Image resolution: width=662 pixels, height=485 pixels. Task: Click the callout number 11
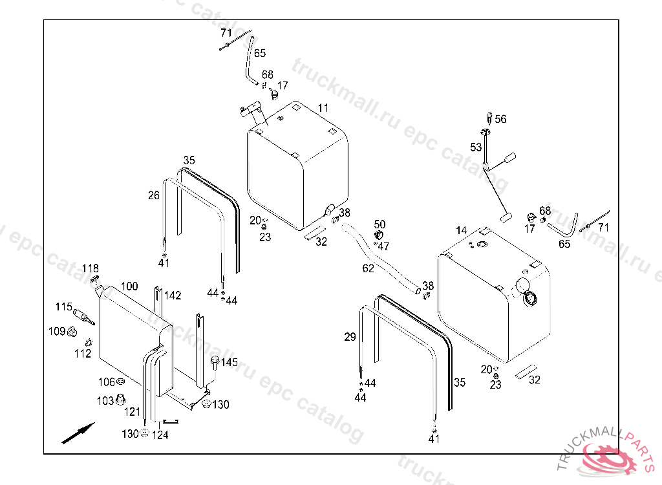323,107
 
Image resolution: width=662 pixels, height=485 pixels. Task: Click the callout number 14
461,231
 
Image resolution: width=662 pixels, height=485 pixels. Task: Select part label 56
501,119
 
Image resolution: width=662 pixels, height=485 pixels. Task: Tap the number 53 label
476,147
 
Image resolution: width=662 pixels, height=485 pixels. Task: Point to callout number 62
368,268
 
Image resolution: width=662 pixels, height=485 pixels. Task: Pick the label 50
379,224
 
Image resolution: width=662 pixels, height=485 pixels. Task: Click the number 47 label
384,246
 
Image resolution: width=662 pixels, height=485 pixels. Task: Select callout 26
153,195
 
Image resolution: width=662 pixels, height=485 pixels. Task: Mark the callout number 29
350,337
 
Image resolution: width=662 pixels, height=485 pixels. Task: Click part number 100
129,286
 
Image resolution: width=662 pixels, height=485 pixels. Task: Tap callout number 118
90,268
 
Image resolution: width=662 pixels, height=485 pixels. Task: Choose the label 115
63,307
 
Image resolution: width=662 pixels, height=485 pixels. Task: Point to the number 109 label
57,331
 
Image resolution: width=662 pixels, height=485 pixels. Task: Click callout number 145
230,362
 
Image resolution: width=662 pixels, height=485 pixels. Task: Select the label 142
173,296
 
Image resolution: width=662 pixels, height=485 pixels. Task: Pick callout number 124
160,435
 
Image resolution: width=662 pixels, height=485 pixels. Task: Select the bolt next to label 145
214,362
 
